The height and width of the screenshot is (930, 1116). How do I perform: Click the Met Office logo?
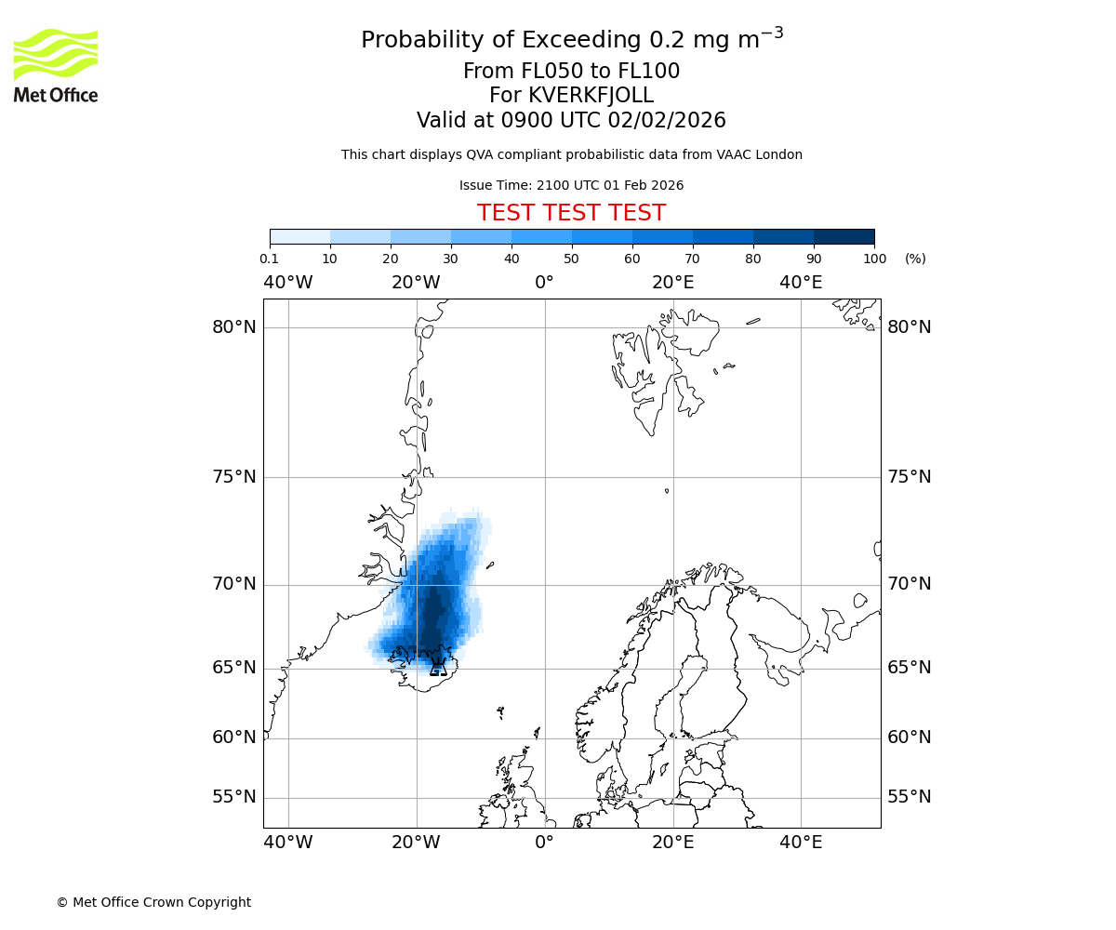[x=56, y=65]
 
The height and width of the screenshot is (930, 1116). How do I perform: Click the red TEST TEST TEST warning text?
[x=571, y=213]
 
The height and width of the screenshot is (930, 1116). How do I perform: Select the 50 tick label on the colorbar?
[x=571, y=259]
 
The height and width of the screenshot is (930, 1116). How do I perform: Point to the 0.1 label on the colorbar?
[x=270, y=259]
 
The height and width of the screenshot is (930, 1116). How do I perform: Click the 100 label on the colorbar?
[x=874, y=259]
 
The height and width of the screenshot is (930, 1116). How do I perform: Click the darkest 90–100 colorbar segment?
[x=844, y=236]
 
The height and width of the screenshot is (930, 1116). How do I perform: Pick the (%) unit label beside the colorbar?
[x=915, y=259]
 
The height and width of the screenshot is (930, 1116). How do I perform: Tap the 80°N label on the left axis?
[x=233, y=327]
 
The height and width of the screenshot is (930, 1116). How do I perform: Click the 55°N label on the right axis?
[x=909, y=797]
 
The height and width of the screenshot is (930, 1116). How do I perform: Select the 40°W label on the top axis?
[x=288, y=283]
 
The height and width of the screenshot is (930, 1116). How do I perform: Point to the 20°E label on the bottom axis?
[x=672, y=843]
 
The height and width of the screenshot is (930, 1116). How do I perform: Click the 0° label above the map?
[x=545, y=283]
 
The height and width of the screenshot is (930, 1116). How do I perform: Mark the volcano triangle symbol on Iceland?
[x=438, y=667]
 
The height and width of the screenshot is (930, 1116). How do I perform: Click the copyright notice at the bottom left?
[x=153, y=902]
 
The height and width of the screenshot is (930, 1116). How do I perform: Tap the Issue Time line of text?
[x=571, y=185]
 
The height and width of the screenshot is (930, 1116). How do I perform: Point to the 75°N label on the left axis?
[x=233, y=477]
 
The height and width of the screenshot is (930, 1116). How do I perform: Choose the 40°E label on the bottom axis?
[x=801, y=843]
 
